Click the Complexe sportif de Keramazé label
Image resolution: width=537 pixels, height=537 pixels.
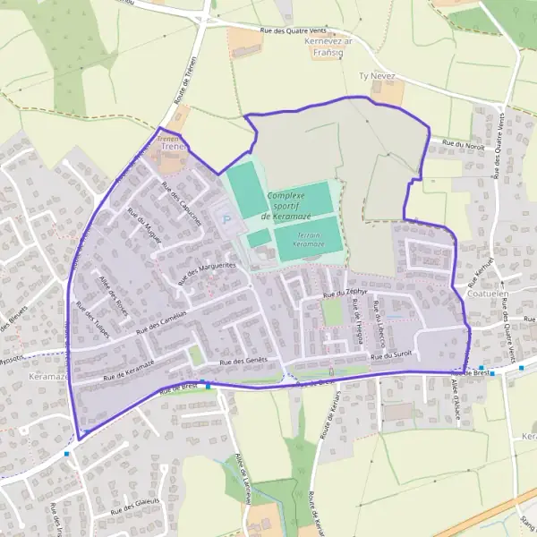[x=286, y=206]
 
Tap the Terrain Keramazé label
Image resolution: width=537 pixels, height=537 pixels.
[x=309, y=238]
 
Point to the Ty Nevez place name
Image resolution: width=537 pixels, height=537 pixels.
[x=376, y=77]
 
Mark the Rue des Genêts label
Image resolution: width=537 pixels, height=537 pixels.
[x=244, y=360]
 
